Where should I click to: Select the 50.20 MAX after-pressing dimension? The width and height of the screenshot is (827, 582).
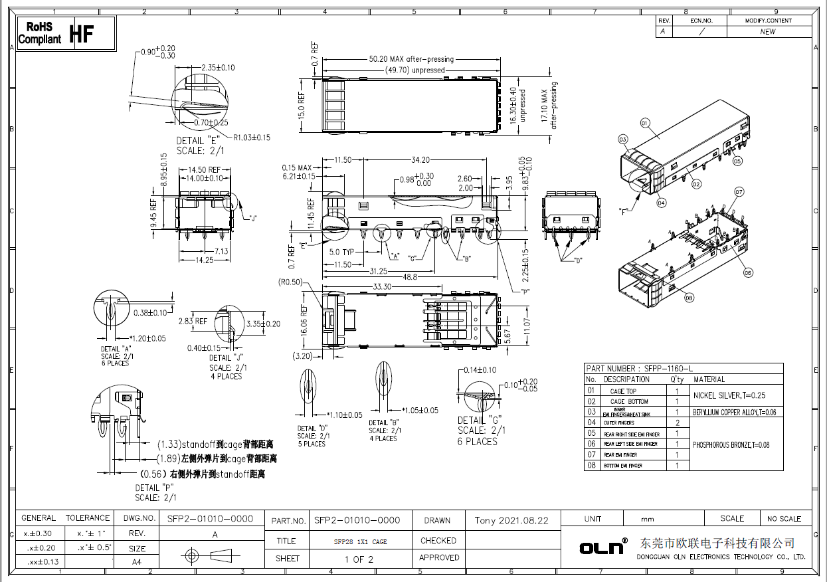[x=411, y=59]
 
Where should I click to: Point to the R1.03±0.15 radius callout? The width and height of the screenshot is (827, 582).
[x=252, y=138]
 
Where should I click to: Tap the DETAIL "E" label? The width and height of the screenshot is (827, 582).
[x=197, y=141]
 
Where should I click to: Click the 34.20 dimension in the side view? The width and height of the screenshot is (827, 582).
[x=420, y=160]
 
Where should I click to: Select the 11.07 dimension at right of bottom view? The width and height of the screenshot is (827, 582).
[x=526, y=326]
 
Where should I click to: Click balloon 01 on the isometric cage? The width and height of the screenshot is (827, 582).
[x=644, y=123]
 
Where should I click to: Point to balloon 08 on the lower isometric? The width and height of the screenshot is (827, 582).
[x=689, y=298]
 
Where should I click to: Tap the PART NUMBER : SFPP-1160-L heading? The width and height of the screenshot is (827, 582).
[x=639, y=369]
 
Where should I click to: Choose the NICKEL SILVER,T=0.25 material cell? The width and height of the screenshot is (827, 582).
[x=729, y=395]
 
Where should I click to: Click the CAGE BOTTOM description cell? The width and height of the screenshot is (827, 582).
[x=628, y=401]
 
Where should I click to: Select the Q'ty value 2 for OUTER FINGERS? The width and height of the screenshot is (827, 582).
[x=677, y=423]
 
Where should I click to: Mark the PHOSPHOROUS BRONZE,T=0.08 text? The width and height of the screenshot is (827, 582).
[x=731, y=444]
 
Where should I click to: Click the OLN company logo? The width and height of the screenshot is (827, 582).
[x=603, y=547]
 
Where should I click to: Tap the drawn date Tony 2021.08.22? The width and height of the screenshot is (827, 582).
[x=511, y=520]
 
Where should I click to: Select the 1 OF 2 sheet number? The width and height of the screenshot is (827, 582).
[x=359, y=559]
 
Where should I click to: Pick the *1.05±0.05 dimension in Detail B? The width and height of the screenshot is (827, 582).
[x=420, y=411]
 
